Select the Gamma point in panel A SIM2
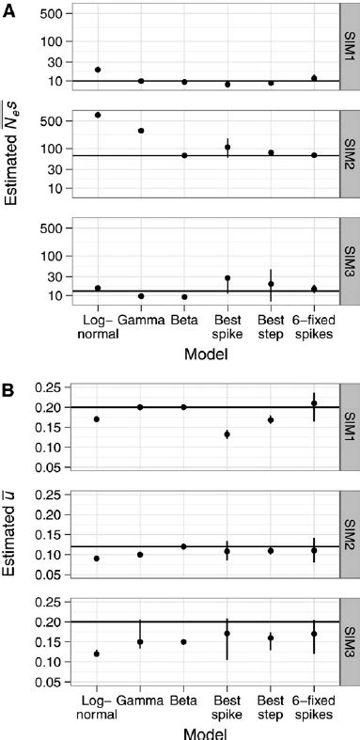(141, 131)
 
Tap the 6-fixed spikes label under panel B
(314, 706)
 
